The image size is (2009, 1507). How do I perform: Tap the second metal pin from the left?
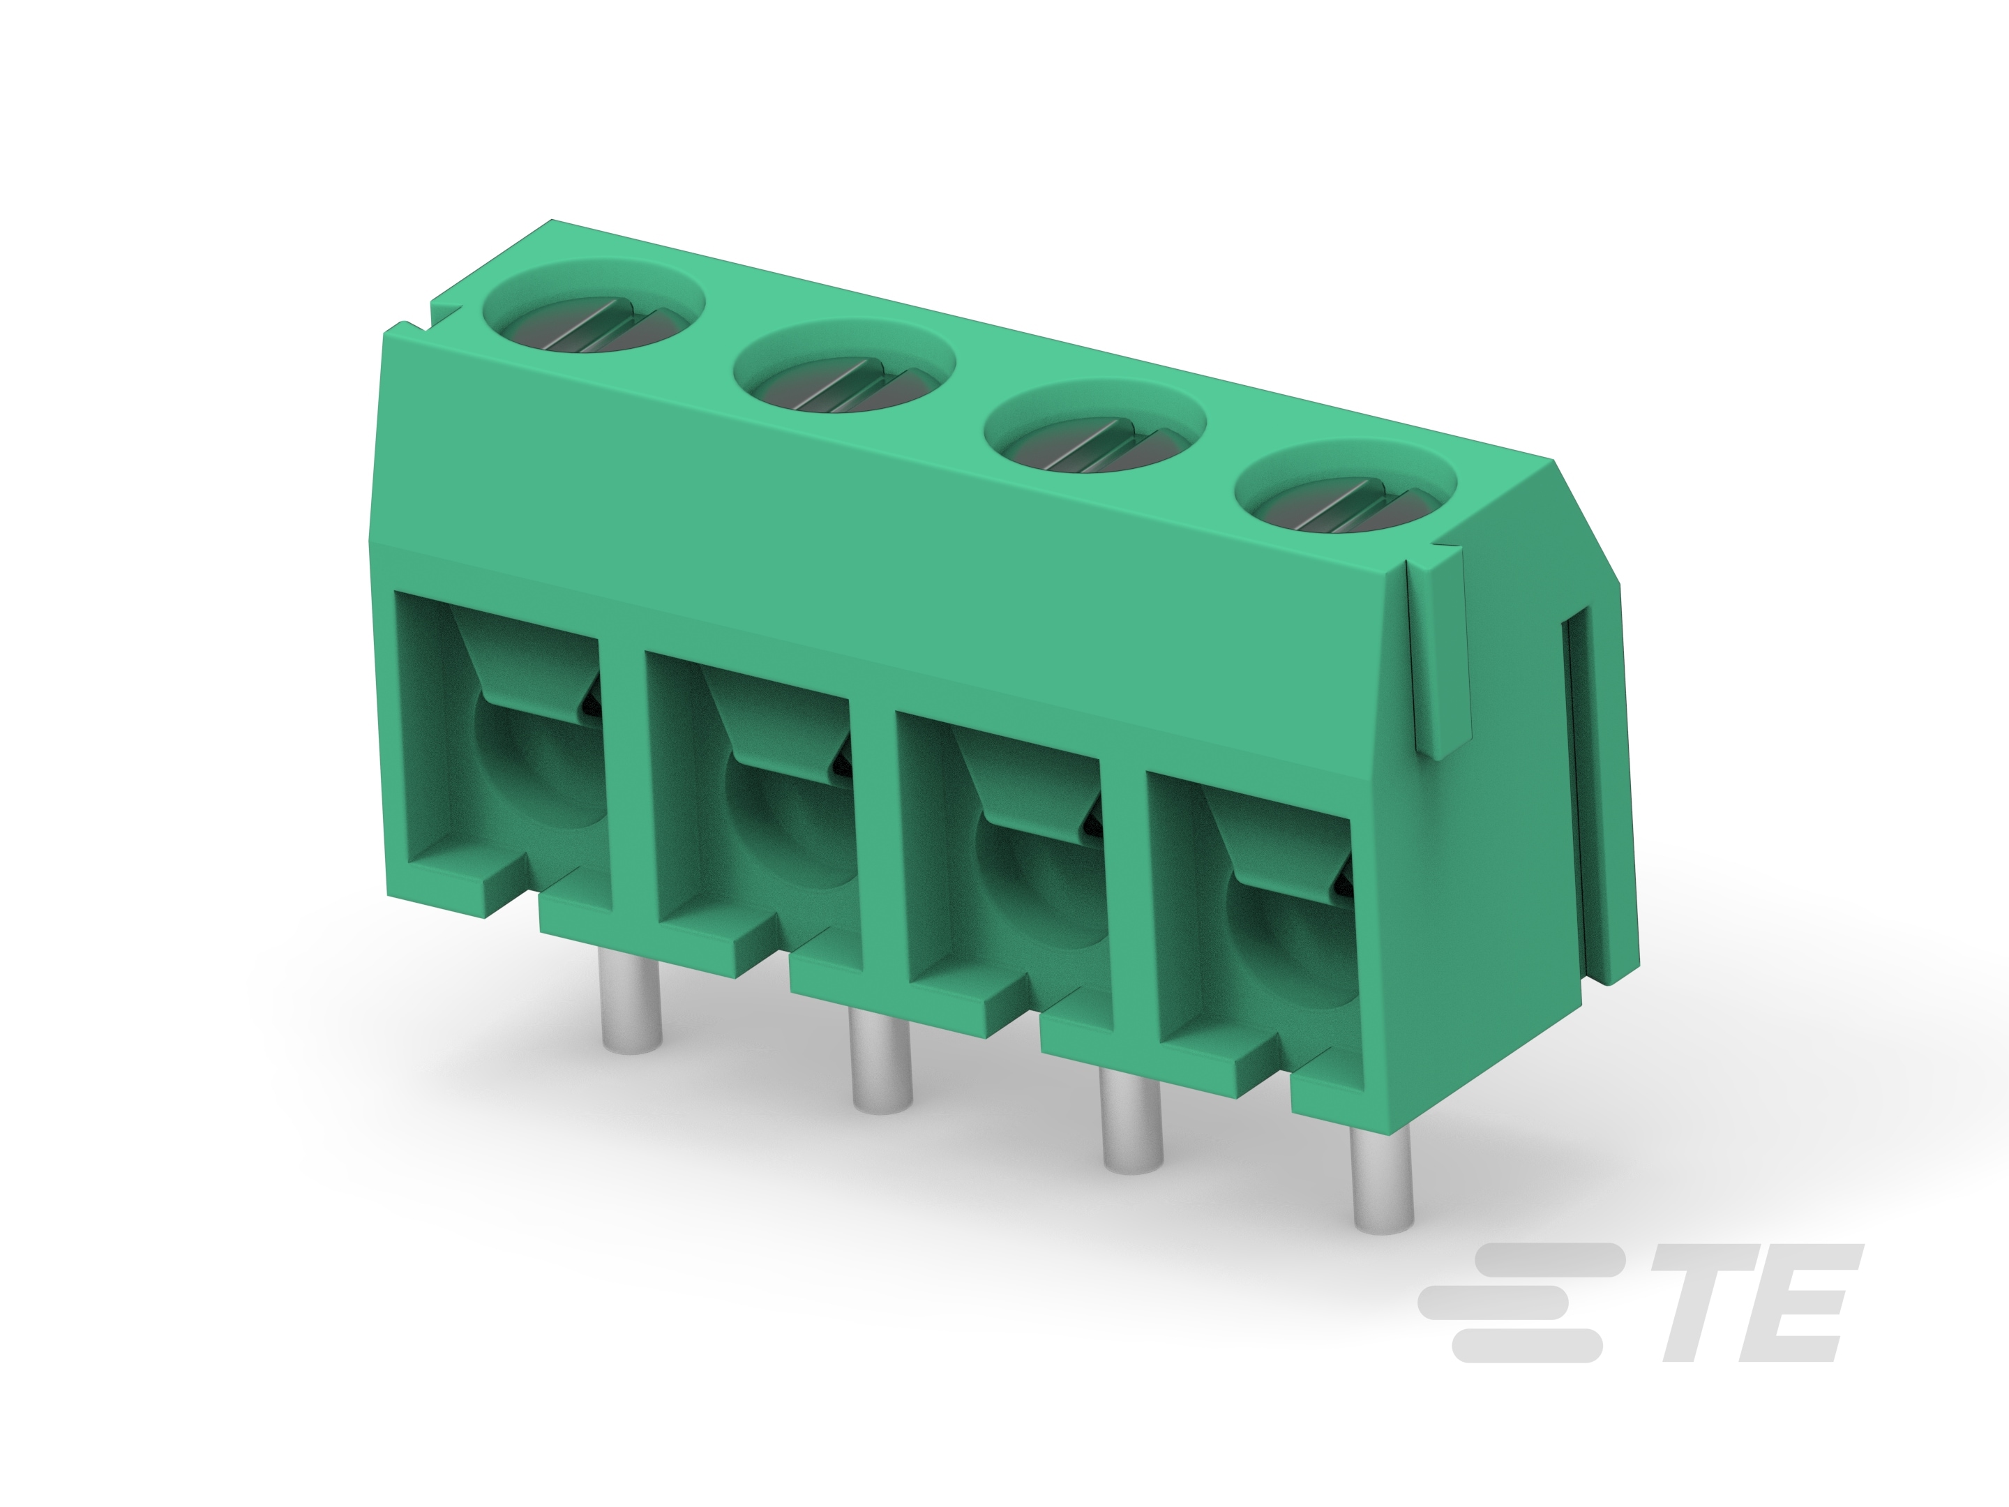pyautogui.click(x=881, y=1063)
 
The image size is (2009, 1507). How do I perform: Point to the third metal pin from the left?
pyautogui.click(x=1131, y=1123)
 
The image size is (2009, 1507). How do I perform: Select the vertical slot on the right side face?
pyautogui.click(x=1575, y=800)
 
